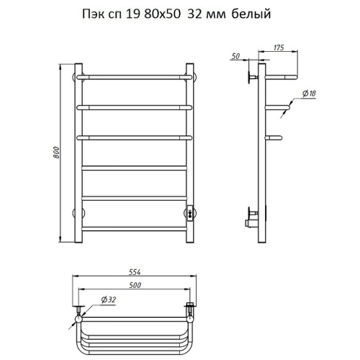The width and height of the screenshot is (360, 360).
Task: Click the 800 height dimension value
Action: [x=56, y=153]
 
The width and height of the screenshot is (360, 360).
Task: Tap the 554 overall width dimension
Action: [x=135, y=272]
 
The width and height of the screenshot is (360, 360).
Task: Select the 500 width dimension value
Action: [x=135, y=285]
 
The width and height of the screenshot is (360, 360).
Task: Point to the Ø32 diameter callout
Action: [x=109, y=300]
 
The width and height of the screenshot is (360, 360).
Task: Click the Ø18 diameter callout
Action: [x=309, y=94]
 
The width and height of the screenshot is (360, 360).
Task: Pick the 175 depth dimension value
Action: [x=279, y=48]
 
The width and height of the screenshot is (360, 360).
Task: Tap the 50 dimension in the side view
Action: [x=236, y=56]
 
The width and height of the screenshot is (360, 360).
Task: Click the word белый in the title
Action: [x=251, y=14]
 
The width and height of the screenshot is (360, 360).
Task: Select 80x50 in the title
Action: [x=162, y=14]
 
